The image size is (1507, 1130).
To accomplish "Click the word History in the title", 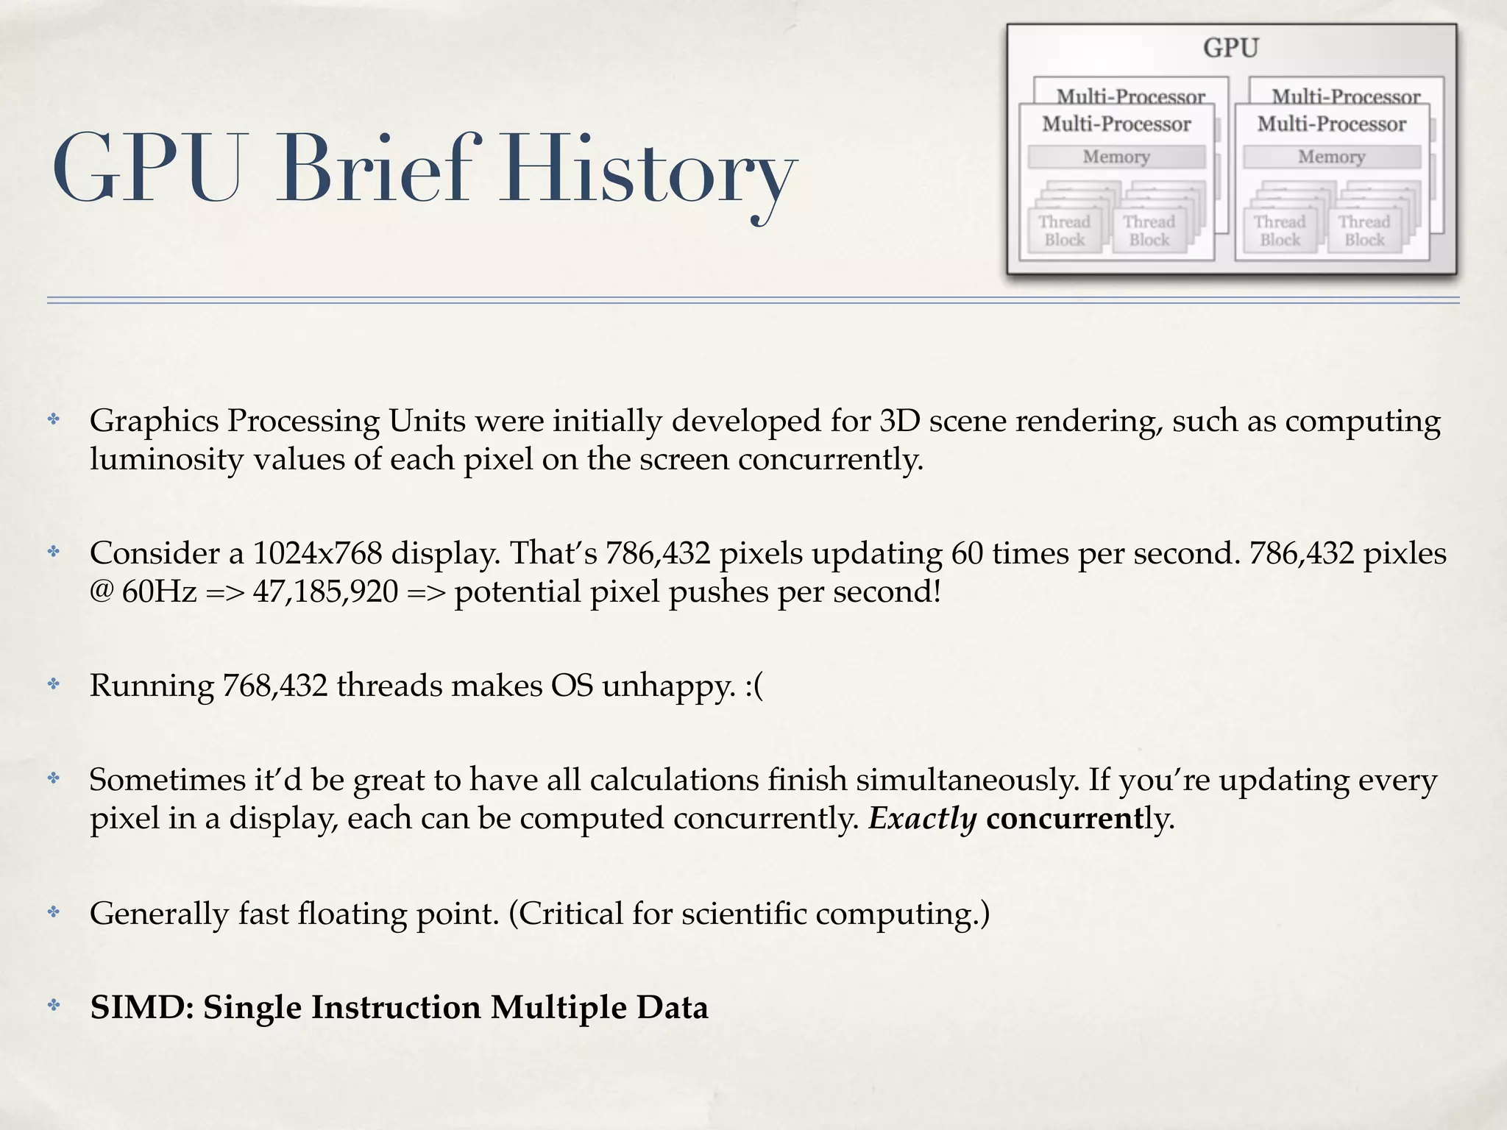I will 648,171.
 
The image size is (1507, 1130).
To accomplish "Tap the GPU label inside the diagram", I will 1230,49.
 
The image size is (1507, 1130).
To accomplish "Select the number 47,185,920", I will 325,591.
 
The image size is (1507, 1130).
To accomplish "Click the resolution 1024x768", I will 317,553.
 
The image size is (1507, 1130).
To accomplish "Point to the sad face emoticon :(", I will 754,686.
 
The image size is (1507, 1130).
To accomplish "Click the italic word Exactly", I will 923,818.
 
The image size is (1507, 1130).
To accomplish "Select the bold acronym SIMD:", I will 141,1007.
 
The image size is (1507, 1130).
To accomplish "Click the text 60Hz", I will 159,591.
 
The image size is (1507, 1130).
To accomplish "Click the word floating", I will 352,914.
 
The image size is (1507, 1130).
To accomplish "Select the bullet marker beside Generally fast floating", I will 54,912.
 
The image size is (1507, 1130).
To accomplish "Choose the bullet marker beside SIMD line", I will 54,1006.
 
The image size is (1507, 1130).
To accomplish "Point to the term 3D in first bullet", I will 899,421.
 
